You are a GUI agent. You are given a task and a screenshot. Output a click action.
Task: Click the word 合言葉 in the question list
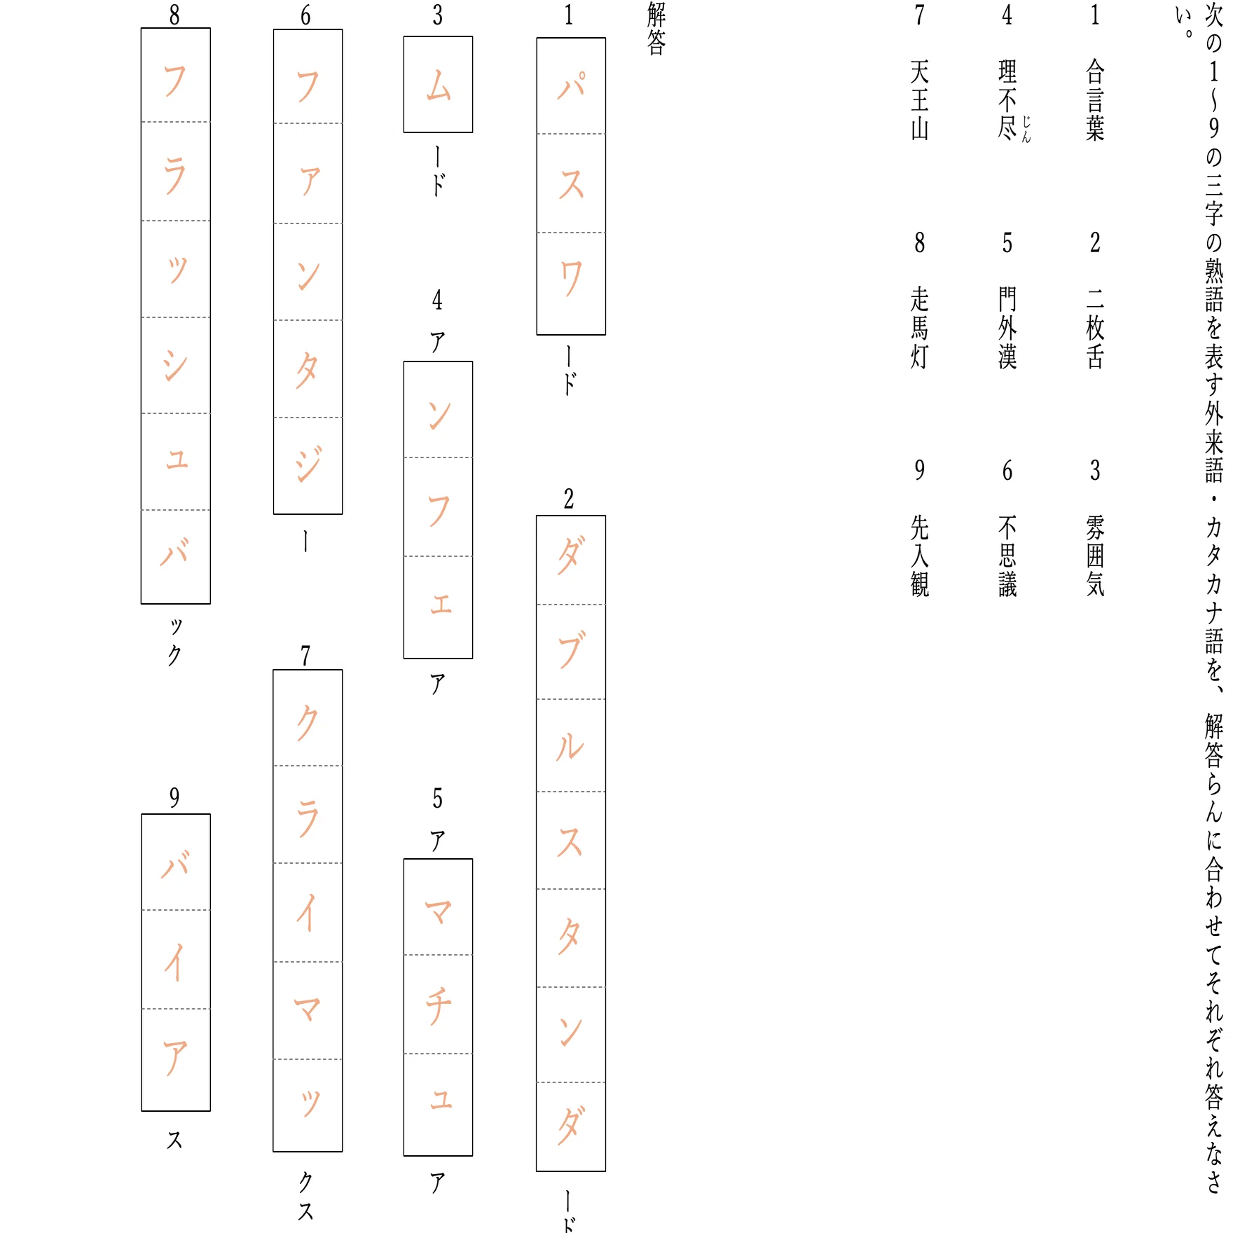coord(1095,100)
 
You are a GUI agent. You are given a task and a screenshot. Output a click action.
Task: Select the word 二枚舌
coord(1095,328)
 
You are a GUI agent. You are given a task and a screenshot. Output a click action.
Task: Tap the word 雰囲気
coord(1095,556)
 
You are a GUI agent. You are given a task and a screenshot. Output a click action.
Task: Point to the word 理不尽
coord(1007,100)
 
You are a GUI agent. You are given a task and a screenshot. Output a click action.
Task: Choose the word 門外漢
coord(1007,328)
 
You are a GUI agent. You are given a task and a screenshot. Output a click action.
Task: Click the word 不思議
coord(1007,556)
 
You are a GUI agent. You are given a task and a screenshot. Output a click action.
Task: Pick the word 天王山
coord(920,100)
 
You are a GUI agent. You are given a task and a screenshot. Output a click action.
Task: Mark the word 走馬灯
coord(920,328)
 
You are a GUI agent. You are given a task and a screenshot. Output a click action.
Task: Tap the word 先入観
coord(920,556)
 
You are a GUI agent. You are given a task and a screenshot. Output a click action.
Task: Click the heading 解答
coord(656,29)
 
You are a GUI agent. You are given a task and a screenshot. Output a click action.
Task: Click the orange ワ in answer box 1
coord(571,278)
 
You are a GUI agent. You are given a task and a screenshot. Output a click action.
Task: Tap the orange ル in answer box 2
coord(570,747)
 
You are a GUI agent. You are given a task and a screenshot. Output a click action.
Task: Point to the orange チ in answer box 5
coord(439,1006)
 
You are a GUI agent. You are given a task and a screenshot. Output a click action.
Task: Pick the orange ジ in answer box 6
coord(308,463)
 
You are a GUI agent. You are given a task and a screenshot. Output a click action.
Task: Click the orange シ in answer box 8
coord(175,365)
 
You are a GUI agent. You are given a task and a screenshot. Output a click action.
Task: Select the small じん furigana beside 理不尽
coord(1026,130)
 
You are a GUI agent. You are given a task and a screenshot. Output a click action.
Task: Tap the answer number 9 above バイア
coord(174,797)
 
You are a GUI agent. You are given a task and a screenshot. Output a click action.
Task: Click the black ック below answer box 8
coord(175,641)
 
